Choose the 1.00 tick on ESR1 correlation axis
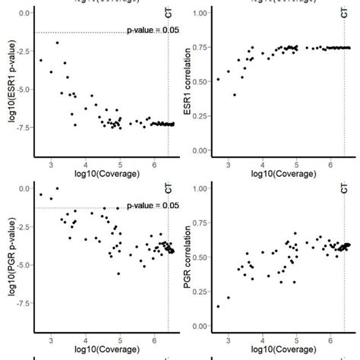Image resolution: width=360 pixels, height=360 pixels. (x=202, y=13)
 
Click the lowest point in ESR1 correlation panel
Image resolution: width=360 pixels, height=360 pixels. (x=234, y=95)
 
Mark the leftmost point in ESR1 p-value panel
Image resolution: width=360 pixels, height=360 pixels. (x=40, y=61)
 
